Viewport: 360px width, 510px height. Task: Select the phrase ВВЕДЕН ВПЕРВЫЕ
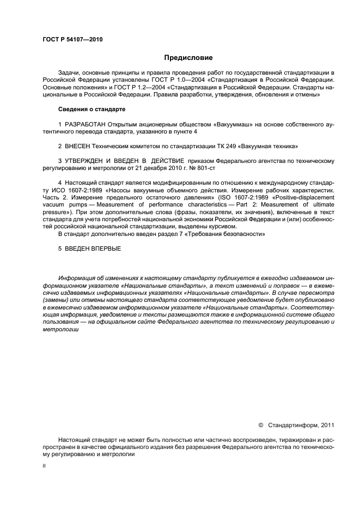[92, 248]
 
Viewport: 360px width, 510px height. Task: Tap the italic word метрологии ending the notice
[57, 330]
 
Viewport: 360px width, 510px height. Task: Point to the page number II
[45, 467]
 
